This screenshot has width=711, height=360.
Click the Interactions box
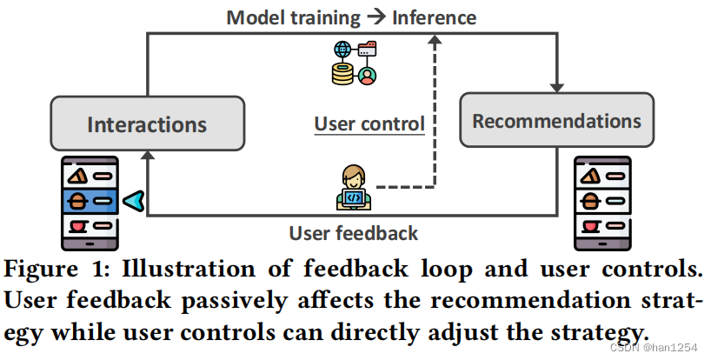tap(147, 123)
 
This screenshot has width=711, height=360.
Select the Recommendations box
tap(556, 121)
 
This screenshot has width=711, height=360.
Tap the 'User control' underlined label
tap(369, 123)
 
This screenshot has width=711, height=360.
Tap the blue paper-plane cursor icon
tap(133, 202)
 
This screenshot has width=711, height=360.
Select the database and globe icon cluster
tap(354, 63)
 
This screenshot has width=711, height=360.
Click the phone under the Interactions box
tap(90, 203)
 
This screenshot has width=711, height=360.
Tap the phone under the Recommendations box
tap(602, 203)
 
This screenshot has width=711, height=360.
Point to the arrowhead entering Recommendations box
tap(556, 88)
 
